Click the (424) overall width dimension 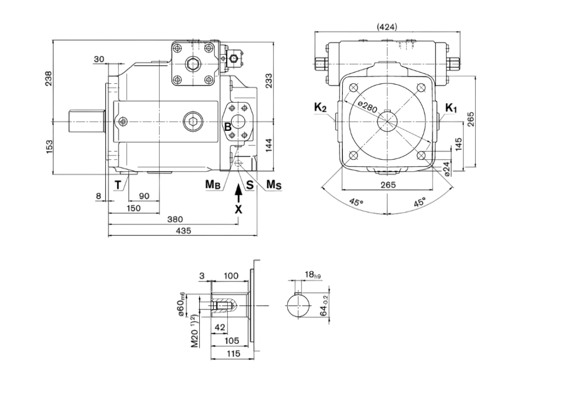[x=387, y=26]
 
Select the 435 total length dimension [x=183, y=231]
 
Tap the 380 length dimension [x=175, y=219]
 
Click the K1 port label [x=451, y=108]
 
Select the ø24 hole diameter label [x=447, y=168]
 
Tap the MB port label [x=213, y=185]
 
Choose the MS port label [x=275, y=185]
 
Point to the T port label [x=118, y=185]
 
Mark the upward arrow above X [x=238, y=193]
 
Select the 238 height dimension [x=48, y=79]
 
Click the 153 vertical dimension [x=48, y=146]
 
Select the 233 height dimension [x=268, y=81]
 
